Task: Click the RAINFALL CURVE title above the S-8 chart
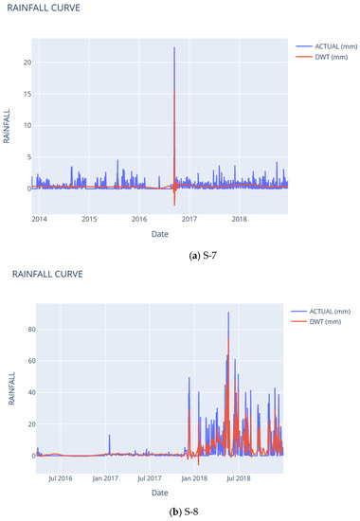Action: click(x=50, y=274)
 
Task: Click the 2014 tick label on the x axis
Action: click(x=40, y=219)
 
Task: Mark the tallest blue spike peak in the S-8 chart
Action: click(x=227, y=313)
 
